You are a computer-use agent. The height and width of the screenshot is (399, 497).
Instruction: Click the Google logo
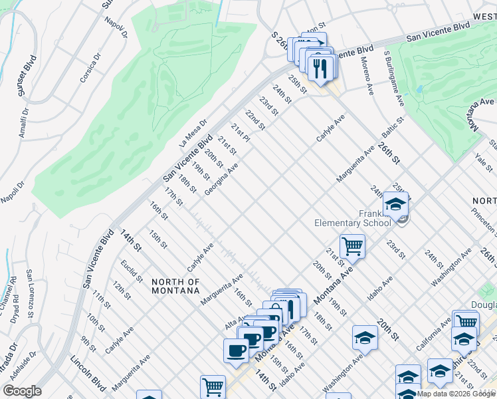coord(22,390)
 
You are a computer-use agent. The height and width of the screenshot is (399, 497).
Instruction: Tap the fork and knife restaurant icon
coord(321,68)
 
